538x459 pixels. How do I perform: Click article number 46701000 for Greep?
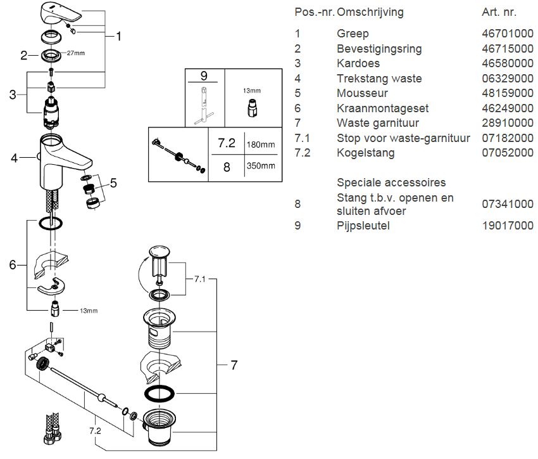[x=508, y=34]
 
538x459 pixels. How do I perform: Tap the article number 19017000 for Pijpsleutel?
[x=508, y=226]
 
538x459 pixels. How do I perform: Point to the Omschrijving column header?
[x=370, y=12]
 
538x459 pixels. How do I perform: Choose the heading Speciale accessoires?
[x=391, y=183]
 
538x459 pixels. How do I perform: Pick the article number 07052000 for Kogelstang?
[x=508, y=153]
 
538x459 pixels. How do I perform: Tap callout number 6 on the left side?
[x=13, y=265]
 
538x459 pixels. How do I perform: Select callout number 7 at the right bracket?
[x=234, y=365]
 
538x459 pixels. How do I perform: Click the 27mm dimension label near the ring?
[x=74, y=54]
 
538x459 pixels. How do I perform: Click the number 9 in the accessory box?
[x=203, y=76]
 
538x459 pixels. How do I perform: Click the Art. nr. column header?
[x=499, y=12]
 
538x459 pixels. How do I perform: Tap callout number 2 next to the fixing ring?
[x=24, y=55]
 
